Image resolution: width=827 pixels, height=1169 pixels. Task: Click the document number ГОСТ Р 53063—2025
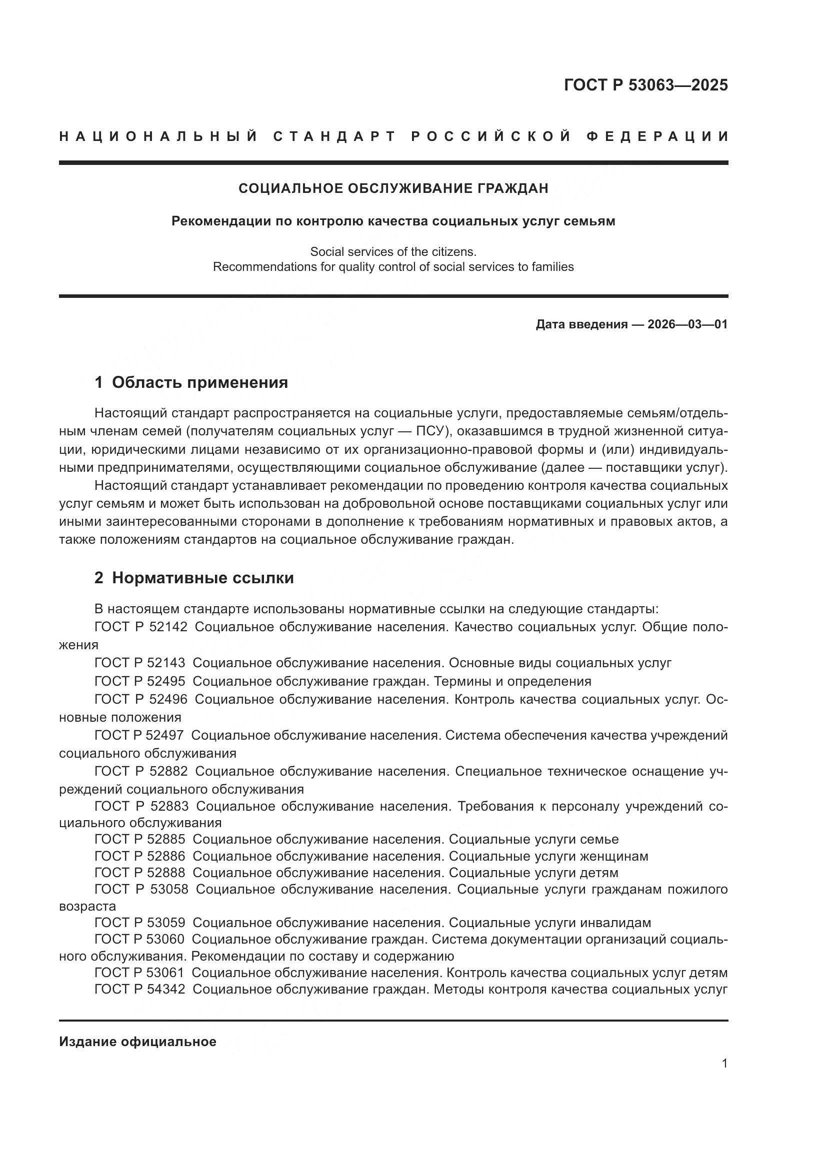point(645,85)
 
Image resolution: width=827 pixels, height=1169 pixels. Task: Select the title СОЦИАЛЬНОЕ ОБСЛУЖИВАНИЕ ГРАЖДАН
point(393,188)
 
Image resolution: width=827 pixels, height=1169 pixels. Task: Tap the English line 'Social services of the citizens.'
point(393,251)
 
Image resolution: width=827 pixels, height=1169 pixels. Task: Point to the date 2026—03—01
point(687,324)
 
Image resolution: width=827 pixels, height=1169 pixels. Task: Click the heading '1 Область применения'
point(191,382)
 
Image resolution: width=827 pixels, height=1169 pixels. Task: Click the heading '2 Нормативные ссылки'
point(194,578)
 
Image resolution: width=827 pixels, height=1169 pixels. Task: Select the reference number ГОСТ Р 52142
point(140,627)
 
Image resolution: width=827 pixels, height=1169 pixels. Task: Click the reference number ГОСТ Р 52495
point(139,681)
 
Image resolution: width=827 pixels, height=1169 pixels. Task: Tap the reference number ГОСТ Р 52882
point(140,771)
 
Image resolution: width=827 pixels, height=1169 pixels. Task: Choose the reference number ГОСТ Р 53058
point(141,889)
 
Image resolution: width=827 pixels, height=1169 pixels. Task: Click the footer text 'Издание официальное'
point(137,1042)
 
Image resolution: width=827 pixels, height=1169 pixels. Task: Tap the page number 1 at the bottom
point(724,1064)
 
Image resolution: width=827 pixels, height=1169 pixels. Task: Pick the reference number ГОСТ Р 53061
point(139,973)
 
